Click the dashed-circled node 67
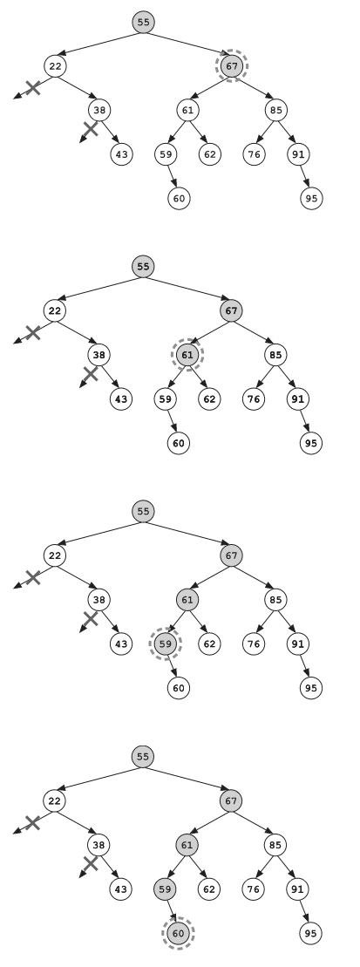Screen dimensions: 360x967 coord(232,66)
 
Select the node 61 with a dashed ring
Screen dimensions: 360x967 coord(187,355)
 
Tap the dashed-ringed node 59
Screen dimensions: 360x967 coord(166,644)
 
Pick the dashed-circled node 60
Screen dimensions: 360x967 coord(178,933)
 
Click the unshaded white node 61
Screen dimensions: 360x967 coord(188,111)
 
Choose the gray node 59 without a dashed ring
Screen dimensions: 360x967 coord(165,889)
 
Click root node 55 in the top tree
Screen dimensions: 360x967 coord(144,22)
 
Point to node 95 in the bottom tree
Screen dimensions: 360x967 coord(310,933)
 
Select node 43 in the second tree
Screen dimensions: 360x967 coord(121,399)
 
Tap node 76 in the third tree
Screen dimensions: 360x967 coord(254,644)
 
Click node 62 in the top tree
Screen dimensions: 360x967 coord(210,154)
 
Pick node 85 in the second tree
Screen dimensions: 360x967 coord(276,355)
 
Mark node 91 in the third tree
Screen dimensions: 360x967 coord(298,644)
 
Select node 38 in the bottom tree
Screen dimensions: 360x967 coord(98,845)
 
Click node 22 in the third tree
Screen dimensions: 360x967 coord(55,555)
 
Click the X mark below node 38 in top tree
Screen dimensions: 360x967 coord(91,129)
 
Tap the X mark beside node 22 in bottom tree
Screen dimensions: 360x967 coord(32,822)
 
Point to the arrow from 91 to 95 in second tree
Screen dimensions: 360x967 coord(304,421)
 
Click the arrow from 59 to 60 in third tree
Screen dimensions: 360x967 coord(172,666)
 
